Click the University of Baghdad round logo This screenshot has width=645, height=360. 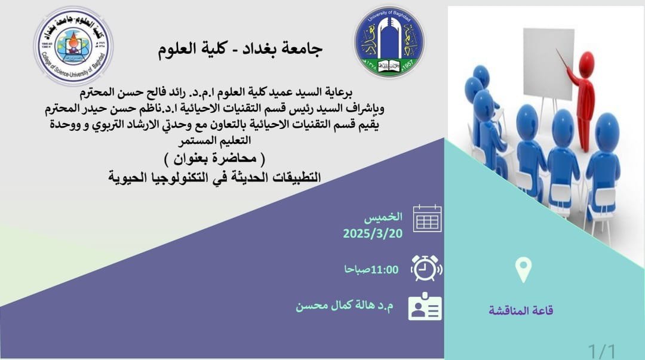click(389, 42)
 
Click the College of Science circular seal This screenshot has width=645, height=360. click(73, 45)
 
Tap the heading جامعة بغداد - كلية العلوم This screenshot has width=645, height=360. click(240, 48)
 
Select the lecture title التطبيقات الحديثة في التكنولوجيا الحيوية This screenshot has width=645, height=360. click(214, 177)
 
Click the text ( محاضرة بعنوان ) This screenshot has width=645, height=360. click(215, 158)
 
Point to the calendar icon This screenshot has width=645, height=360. click(427, 219)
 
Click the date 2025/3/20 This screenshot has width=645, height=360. click(373, 233)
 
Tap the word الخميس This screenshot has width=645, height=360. click(383, 217)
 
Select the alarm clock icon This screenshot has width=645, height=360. click(426, 268)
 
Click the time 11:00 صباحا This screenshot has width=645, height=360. click(371, 269)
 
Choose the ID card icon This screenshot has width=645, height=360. click(425, 306)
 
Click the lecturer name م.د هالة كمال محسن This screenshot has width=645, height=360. click(345, 306)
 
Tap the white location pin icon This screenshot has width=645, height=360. click(523, 269)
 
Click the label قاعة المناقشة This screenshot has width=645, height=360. click(521, 310)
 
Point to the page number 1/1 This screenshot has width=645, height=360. click(602, 352)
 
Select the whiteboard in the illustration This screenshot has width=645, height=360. click(548, 64)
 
